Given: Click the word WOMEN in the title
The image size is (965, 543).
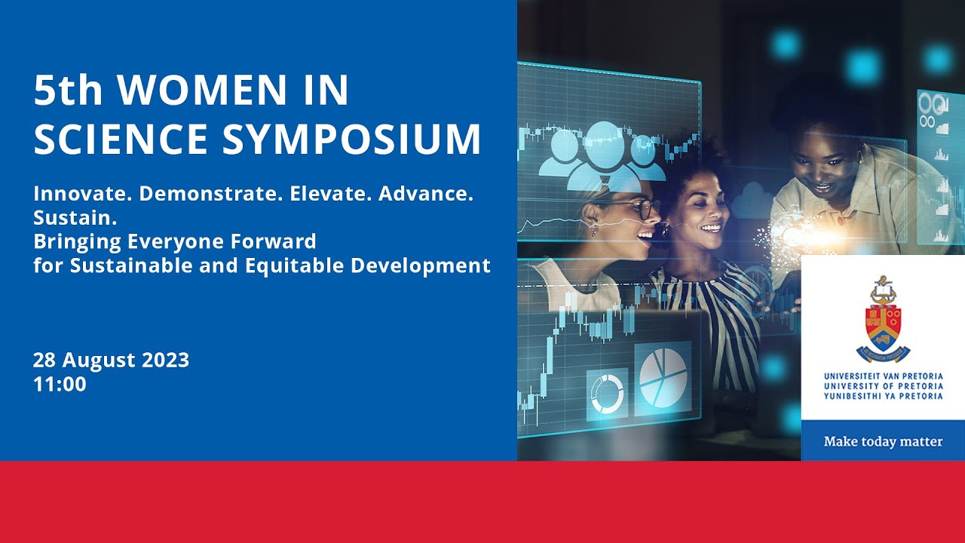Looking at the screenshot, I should tap(196, 91).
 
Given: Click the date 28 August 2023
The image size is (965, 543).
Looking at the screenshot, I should tap(111, 360).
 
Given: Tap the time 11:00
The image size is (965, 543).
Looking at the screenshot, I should tap(60, 385).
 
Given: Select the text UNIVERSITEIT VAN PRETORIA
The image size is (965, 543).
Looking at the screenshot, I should tap(883, 376).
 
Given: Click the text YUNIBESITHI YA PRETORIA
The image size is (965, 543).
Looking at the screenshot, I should tap(883, 396).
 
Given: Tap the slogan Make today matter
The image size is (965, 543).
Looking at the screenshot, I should tap(883, 442).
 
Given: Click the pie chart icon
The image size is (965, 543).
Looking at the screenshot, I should tap(663, 375).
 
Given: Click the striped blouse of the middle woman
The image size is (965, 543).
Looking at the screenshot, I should tap(716, 317).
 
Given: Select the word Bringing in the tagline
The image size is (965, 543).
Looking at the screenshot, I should tap(72, 242).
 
